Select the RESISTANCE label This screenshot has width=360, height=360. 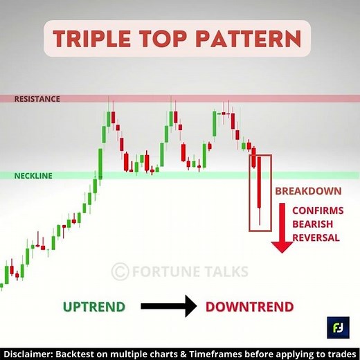coord(37,99)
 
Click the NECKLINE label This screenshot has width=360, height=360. coord(33,176)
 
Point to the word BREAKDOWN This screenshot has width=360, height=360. coord(307,191)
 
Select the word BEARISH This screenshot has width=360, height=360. coord(312,224)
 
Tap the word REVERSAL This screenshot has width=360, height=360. coord(315,238)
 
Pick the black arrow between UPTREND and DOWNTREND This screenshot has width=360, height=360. coord(168,307)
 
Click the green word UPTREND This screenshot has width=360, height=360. coord(95,307)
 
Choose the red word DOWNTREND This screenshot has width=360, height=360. coord(249,307)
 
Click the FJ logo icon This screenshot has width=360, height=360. coord(339,327)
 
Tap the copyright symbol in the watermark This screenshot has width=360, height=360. coord(120,271)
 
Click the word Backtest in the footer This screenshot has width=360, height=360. coord(84,352)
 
